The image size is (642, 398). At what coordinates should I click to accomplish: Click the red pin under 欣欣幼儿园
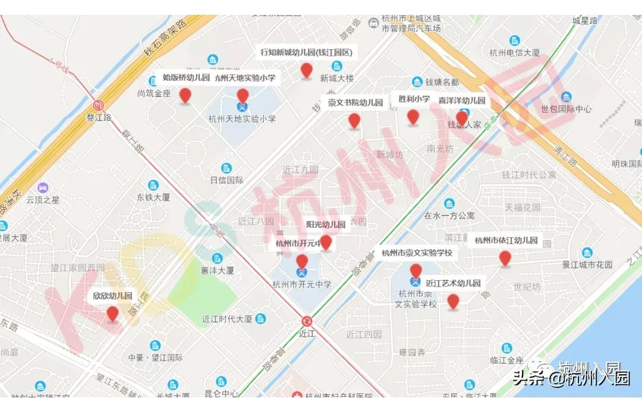112,314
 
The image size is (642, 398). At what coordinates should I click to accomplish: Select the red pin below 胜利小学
413,117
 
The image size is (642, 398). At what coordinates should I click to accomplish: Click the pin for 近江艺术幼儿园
453,301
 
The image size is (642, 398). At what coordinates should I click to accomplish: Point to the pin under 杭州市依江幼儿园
505,258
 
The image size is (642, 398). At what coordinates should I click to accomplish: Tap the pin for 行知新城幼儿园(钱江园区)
306,70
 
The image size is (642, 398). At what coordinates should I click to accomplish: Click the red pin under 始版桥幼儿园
185,95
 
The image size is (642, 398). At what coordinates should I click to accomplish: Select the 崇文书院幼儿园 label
355,102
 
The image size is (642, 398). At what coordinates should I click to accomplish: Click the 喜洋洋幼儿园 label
462,101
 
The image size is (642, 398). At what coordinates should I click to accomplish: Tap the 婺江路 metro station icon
99,105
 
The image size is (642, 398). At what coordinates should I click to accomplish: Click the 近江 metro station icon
307,321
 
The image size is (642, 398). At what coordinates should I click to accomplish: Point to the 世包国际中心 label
566,109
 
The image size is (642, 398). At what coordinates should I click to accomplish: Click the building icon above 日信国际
226,168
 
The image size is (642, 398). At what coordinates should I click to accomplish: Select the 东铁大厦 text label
153,197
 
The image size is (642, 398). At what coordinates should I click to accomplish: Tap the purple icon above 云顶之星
43,188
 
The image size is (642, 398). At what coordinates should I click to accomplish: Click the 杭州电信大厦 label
515,53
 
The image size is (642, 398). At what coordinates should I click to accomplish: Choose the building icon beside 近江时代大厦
260,319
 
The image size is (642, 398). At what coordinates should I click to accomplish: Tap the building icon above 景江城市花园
587,252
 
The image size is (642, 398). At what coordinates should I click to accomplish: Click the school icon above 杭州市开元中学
302,272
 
